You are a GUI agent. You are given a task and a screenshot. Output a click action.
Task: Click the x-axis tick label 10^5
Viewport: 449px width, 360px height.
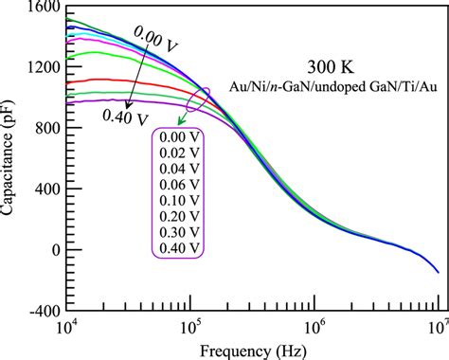point(190,327)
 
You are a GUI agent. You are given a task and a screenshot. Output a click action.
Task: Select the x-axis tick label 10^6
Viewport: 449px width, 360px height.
point(314,327)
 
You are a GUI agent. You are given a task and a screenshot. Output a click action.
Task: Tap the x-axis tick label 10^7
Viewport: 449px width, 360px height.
point(437,327)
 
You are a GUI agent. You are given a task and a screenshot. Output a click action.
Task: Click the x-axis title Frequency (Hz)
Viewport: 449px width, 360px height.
point(252,350)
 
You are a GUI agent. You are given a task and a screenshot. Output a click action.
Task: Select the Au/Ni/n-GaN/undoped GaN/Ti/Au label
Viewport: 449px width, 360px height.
point(325,87)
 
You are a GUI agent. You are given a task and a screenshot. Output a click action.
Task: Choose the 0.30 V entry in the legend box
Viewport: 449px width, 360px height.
point(180,231)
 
